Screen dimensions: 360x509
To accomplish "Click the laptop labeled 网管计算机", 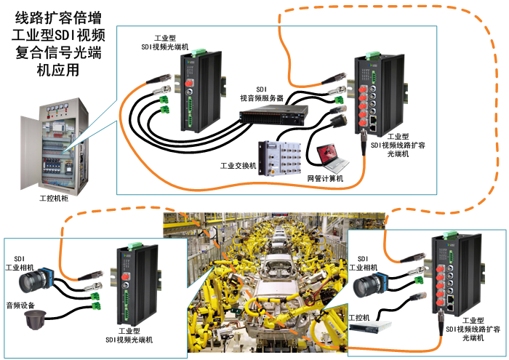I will tap(331, 153).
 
